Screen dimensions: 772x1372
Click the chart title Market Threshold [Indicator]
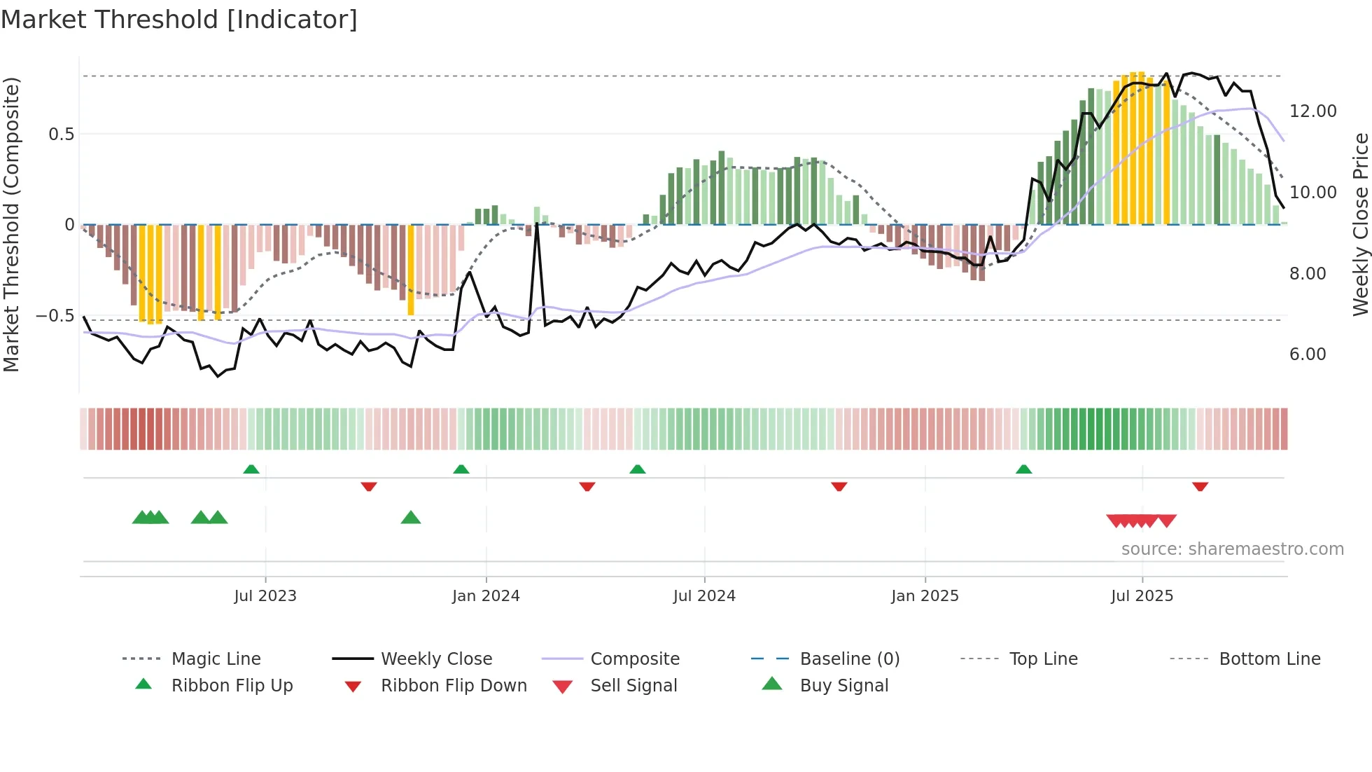click(x=179, y=20)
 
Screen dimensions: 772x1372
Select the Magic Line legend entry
click(x=216, y=659)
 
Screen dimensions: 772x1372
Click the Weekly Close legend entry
click(x=436, y=659)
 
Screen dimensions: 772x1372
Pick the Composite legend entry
click(x=635, y=659)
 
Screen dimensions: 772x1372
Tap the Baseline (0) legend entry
click(x=849, y=659)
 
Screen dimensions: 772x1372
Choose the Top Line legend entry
click(x=1043, y=659)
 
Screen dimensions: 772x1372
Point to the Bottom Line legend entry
click(x=1269, y=659)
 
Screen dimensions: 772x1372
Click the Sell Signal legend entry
click(x=633, y=686)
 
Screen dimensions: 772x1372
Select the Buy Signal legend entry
click(x=843, y=686)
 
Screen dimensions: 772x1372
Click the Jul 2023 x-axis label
click(x=265, y=596)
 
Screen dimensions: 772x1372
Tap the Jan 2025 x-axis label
click(x=925, y=596)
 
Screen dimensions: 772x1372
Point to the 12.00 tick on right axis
click(x=1312, y=111)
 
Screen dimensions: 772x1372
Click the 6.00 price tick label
click(x=1308, y=354)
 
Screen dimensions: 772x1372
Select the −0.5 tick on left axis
click(x=55, y=316)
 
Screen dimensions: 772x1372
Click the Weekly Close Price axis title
click(x=1360, y=224)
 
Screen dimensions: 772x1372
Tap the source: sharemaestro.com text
click(x=1232, y=549)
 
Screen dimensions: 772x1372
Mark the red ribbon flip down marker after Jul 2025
click(x=1200, y=486)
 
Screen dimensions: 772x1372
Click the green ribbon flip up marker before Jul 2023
click(x=251, y=469)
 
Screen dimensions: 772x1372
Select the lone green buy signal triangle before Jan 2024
click(x=411, y=518)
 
